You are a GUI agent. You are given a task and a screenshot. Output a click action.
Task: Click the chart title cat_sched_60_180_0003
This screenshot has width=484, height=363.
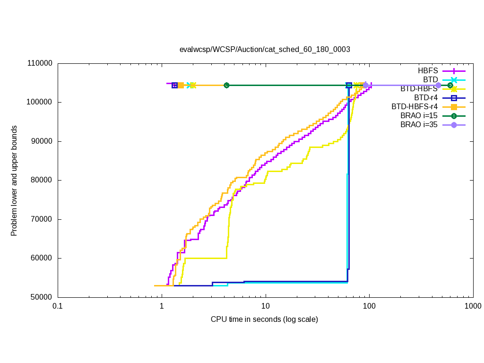(264, 49)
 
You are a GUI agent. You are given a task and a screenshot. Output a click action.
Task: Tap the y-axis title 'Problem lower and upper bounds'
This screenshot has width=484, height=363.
(14, 181)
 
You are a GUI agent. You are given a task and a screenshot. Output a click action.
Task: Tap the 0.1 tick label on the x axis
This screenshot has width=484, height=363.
(58, 307)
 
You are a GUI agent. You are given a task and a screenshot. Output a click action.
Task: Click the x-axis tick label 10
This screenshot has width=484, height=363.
(265, 307)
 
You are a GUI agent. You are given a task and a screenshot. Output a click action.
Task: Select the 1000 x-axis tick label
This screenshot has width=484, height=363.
(473, 307)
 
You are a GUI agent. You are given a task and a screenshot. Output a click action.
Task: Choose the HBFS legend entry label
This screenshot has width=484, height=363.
(428, 70)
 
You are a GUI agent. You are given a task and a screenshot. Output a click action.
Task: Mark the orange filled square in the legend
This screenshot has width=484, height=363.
(454, 107)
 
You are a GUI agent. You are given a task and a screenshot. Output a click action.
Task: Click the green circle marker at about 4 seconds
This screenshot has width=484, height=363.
(226, 86)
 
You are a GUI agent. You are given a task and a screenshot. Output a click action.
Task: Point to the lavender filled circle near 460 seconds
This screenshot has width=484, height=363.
(438, 86)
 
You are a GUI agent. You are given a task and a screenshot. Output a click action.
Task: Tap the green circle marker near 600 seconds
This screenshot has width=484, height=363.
(450, 86)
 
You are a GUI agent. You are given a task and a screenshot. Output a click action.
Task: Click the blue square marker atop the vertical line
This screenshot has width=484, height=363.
(349, 86)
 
